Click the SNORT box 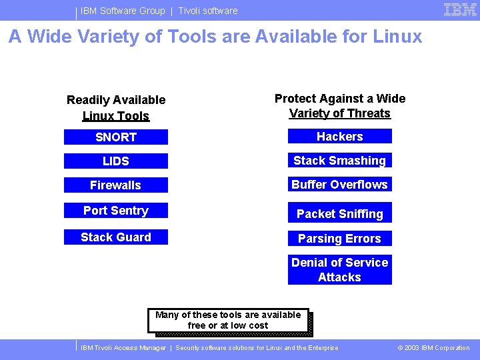(x=116, y=137)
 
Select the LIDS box (x=116, y=161)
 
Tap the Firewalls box (x=116, y=185)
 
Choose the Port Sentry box (x=116, y=211)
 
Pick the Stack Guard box (x=116, y=237)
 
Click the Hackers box (x=340, y=137)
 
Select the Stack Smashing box (x=340, y=161)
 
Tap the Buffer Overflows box (x=340, y=185)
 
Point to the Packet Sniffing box (x=340, y=214)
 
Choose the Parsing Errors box (x=340, y=239)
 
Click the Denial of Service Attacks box (x=340, y=270)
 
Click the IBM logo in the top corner (x=460, y=10)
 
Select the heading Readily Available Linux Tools (x=116, y=108)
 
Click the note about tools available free (x=228, y=320)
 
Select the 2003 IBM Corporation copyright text (x=433, y=348)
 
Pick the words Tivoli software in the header (x=208, y=11)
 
